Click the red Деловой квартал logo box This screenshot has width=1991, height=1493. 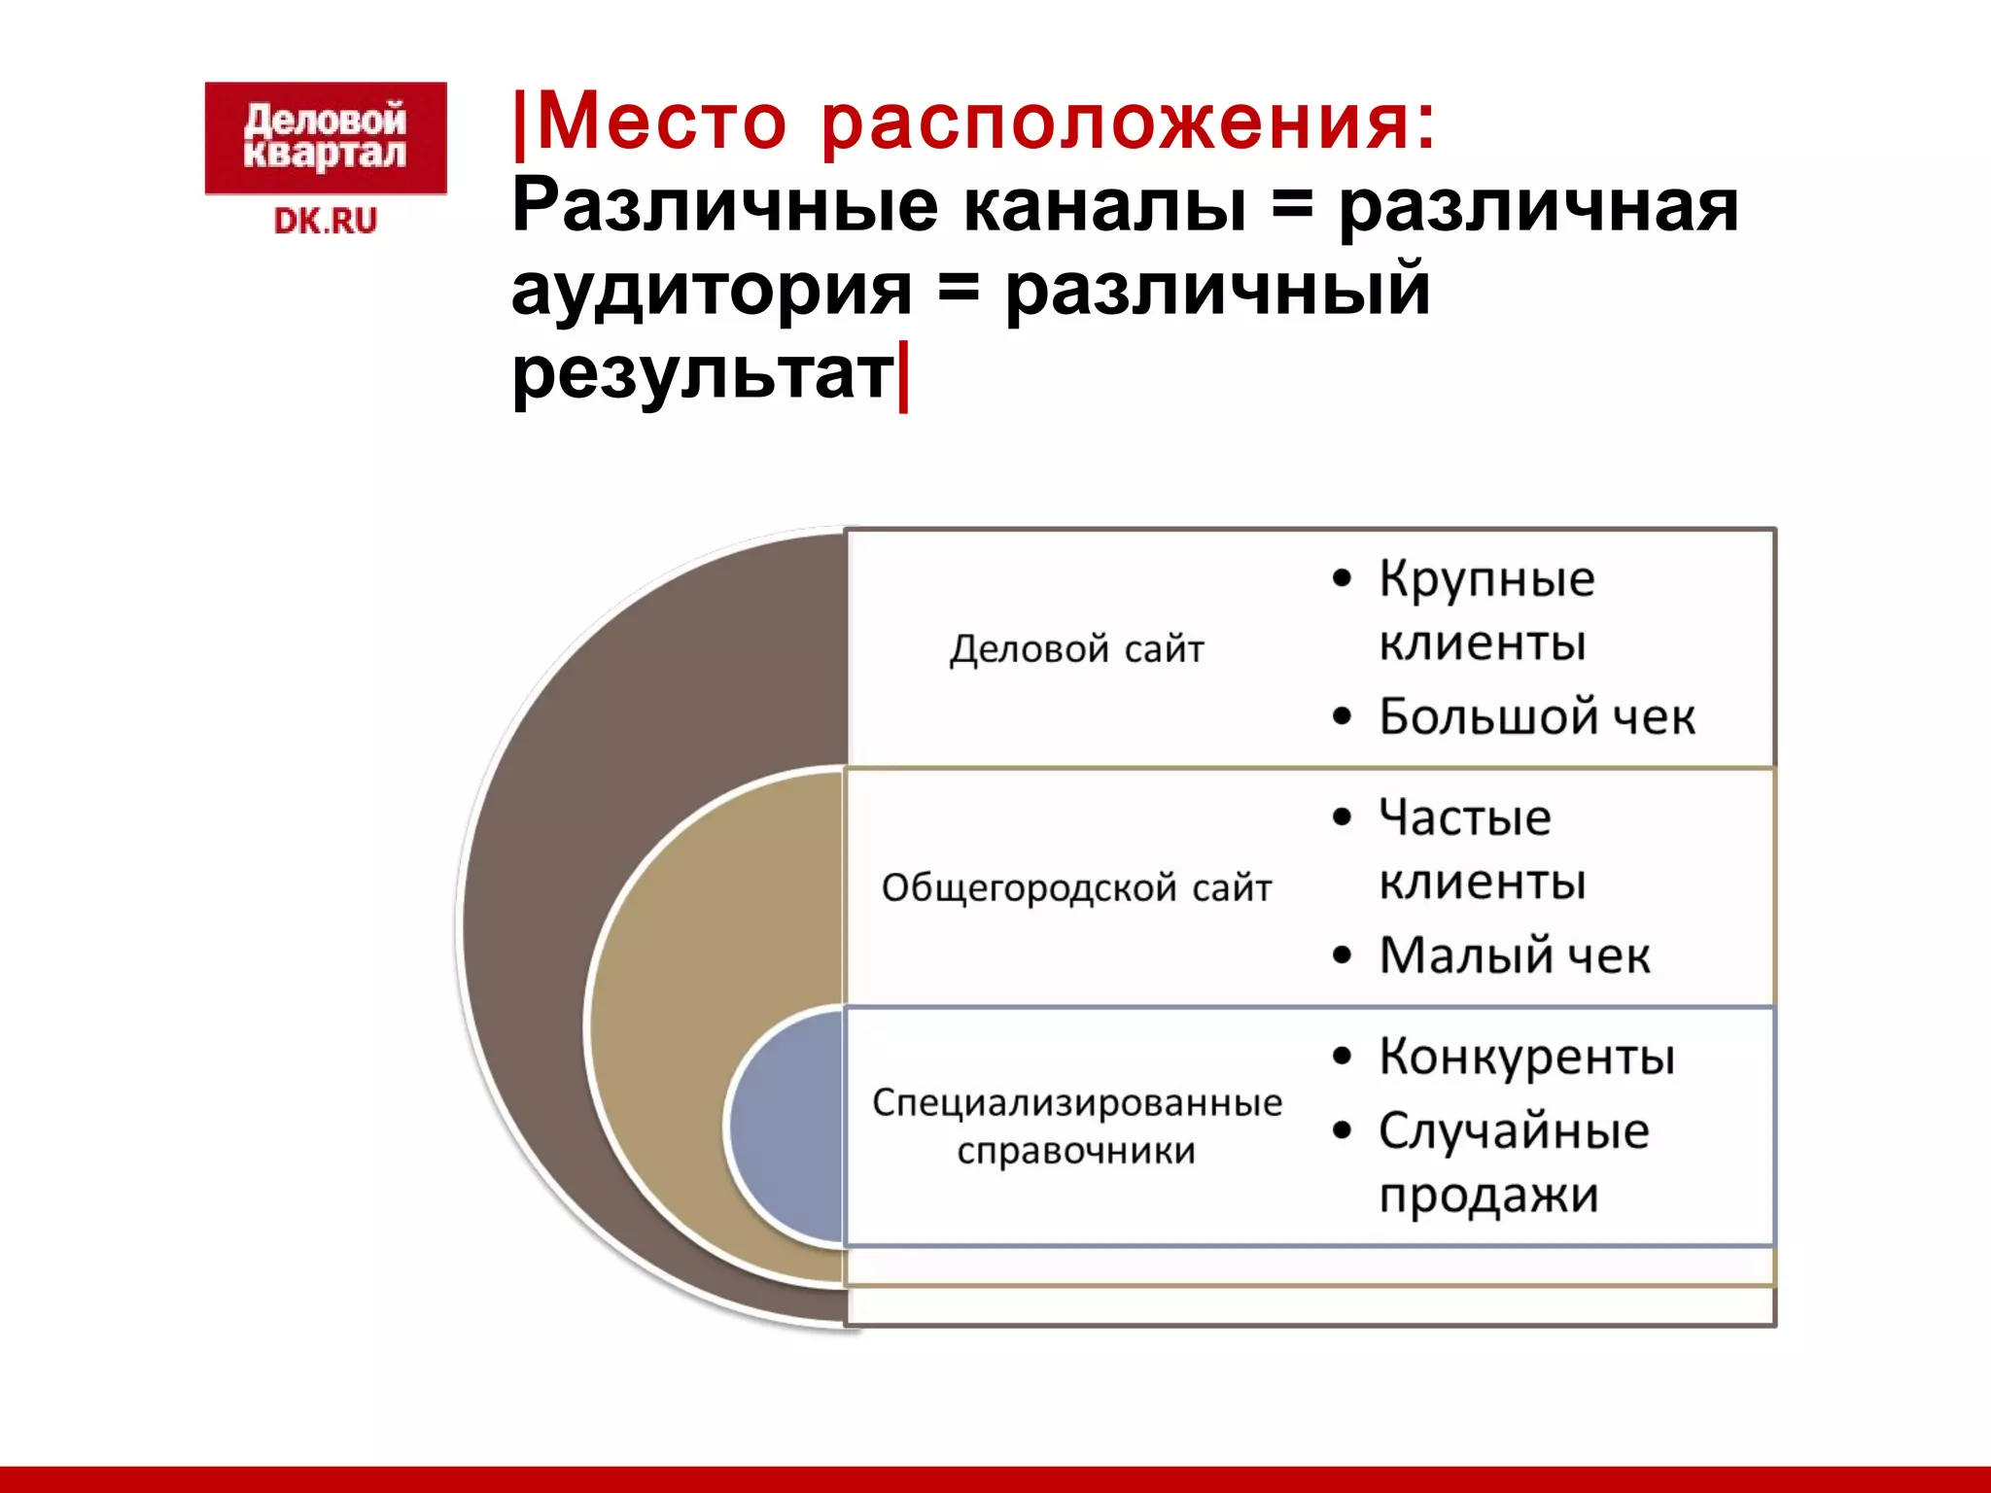325,138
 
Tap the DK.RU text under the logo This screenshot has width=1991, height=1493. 325,222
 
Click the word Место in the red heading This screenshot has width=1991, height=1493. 661,123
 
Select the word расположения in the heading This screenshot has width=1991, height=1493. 1128,123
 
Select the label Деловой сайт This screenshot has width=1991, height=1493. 1076,648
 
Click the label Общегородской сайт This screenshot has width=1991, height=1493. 1076,887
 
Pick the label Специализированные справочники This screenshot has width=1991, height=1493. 1076,1126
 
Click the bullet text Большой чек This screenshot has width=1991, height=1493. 1536,716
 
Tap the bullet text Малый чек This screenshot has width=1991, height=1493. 1514,955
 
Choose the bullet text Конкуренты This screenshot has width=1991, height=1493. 1526,1057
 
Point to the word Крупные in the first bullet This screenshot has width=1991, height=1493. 1486,579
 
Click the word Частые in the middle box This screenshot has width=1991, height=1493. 1465,817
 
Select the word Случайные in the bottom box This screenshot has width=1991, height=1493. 1514,1131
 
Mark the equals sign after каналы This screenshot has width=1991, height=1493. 1291,208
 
